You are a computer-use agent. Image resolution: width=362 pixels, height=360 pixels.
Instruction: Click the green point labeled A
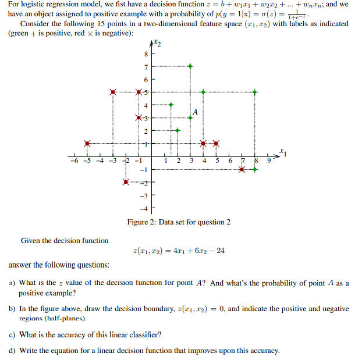tap(190, 117)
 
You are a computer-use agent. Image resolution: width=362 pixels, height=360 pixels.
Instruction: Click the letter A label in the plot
tap(196, 111)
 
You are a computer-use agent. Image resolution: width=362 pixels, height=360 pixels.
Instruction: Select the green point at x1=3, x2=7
tap(190, 66)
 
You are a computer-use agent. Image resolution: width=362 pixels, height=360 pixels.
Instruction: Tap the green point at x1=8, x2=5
tap(255, 92)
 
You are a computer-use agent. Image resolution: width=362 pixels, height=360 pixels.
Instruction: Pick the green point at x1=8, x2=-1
tap(255, 169)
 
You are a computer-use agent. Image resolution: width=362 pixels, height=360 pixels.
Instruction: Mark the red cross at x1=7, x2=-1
tap(242, 169)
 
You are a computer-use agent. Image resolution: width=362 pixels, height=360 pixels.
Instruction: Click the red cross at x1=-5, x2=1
tap(87, 143)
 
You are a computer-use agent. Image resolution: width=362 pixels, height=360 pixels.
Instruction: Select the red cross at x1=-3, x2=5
tap(113, 92)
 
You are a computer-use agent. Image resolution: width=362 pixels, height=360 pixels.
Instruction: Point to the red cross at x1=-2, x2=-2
tap(126, 182)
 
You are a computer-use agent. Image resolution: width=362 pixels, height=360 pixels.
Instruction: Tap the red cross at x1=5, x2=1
tap(216, 143)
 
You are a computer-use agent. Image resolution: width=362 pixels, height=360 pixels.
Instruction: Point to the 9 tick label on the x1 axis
tap(268, 162)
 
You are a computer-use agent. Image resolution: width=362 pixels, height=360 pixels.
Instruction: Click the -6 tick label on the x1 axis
tap(73, 162)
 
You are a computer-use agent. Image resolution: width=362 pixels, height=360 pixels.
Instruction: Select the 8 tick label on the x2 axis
tap(145, 54)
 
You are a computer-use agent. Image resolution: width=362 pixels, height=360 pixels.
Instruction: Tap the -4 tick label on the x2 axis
tap(144, 208)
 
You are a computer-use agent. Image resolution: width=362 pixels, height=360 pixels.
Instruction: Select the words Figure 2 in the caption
tap(141, 222)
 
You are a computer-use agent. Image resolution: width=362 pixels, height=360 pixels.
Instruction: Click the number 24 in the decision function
tap(220, 251)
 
